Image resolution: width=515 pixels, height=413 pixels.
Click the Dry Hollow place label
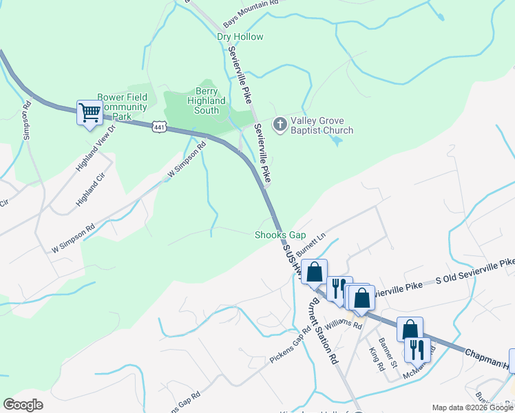240,37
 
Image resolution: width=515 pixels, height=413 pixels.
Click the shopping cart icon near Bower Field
90,112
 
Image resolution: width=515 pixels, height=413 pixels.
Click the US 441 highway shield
160,127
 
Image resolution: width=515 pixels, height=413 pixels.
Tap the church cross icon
280,125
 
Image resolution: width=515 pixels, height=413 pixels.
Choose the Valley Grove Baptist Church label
322,125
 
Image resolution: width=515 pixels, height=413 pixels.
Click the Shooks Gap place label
280,235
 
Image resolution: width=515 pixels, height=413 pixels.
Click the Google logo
23,405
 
